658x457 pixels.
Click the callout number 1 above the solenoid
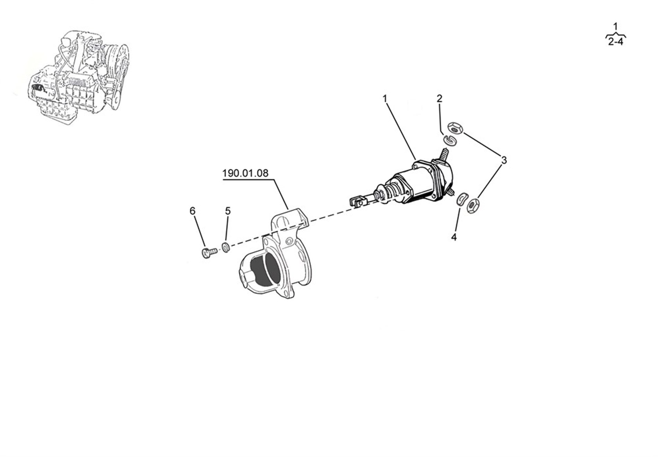(384, 99)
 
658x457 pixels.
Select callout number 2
(439, 99)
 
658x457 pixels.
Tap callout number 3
(504, 160)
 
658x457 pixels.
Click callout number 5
(228, 211)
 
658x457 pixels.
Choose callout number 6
(193, 211)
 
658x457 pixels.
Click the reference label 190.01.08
(245, 173)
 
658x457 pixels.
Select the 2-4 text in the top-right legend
(615, 42)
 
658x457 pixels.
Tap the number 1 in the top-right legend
(615, 27)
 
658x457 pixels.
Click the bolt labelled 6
(208, 252)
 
